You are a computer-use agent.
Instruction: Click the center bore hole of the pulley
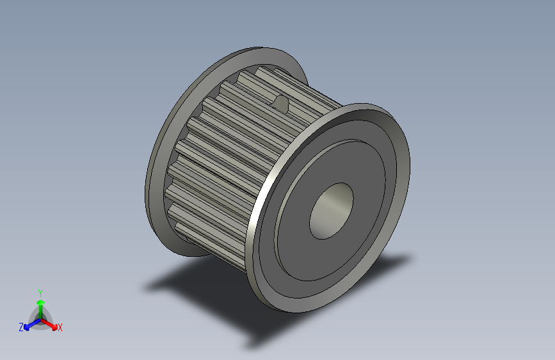point(332,211)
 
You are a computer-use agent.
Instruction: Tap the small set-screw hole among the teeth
point(280,101)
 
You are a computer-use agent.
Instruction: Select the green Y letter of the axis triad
point(40,291)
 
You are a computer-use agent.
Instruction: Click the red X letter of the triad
point(60,328)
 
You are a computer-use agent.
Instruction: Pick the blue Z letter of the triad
point(21,327)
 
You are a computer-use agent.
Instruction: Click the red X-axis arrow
point(51,323)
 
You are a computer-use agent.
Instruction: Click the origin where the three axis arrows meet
point(40,318)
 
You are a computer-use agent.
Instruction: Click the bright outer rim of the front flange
point(259,211)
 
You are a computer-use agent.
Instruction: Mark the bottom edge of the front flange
point(301,310)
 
